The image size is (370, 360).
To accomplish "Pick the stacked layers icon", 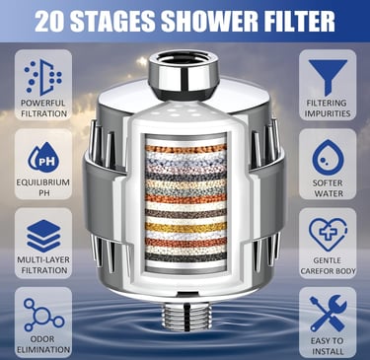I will point(40,235).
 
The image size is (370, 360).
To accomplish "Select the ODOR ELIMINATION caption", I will point(40,344).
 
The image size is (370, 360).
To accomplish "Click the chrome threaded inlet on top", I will point(184,71).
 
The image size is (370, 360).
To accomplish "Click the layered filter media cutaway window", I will point(185,201).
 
